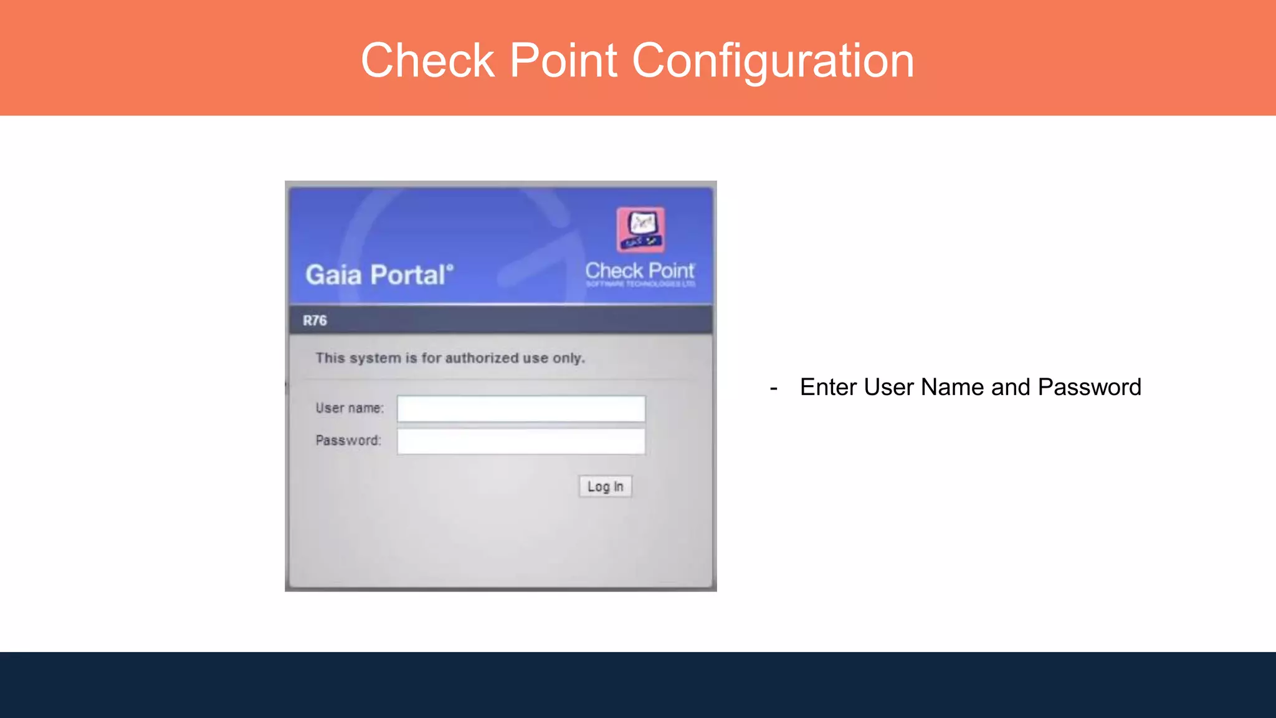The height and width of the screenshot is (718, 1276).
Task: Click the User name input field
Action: pos(521,409)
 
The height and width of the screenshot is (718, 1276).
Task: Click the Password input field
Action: pos(521,441)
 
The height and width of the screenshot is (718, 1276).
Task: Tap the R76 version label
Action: pos(315,320)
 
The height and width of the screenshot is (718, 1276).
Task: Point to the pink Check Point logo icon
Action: pos(640,229)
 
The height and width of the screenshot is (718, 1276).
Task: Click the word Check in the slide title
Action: pos(427,60)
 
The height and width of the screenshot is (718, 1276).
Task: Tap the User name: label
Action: pos(350,408)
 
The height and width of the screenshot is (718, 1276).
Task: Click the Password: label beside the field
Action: pos(348,441)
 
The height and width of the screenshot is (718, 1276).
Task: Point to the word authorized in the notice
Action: pos(482,358)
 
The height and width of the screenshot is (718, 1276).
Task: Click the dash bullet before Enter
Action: pos(773,388)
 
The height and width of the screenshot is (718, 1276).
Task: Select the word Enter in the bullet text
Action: pos(828,387)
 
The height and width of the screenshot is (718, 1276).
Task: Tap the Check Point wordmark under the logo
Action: pos(640,271)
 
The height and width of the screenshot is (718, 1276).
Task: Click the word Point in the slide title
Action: pos(563,60)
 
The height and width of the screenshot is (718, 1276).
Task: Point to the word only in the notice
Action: pos(568,358)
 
